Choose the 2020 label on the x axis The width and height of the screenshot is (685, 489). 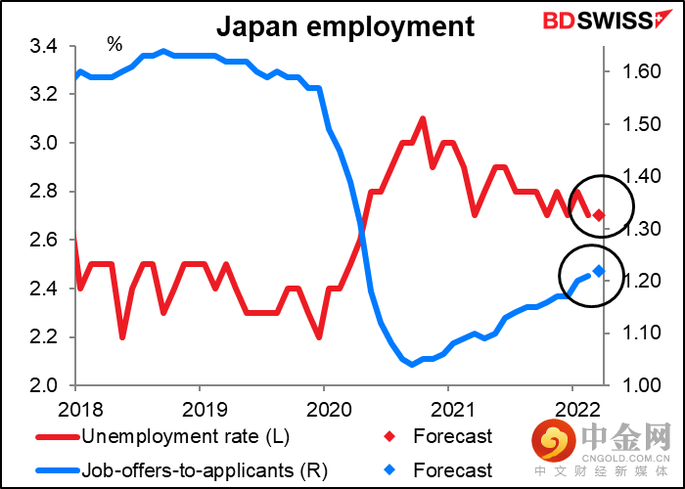[324, 405]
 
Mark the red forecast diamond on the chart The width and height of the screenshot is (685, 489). [599, 215]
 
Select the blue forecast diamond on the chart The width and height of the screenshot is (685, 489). [599, 271]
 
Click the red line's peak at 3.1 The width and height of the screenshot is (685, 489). [422, 118]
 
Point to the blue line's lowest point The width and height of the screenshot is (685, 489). [411, 365]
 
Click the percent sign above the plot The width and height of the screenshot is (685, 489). [114, 44]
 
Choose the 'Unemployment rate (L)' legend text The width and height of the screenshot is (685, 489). [186, 436]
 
